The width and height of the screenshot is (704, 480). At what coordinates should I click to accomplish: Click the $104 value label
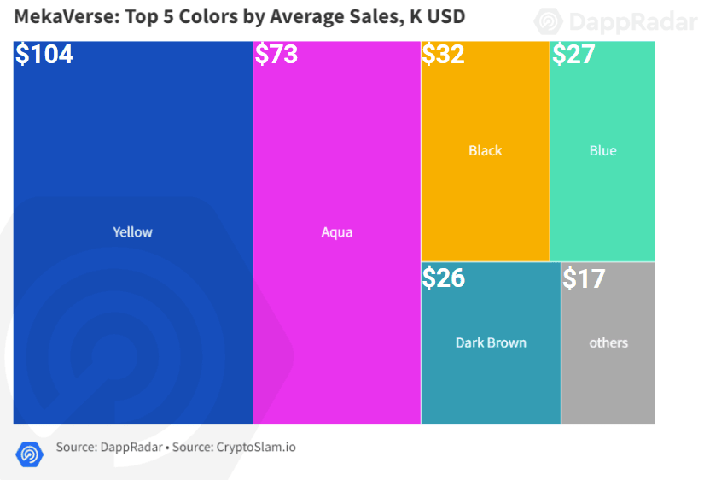coord(44,55)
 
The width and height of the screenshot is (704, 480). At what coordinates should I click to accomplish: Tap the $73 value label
coord(276,55)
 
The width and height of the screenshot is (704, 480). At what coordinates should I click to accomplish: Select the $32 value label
coord(443,55)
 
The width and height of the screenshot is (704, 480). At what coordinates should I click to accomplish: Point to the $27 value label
coord(573,55)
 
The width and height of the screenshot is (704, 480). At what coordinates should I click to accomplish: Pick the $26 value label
coord(444,278)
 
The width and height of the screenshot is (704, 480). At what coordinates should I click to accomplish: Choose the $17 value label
coord(585,278)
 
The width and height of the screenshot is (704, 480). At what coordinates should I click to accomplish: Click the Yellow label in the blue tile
coord(132,232)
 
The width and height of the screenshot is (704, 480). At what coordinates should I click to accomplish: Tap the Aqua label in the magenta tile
coord(337,232)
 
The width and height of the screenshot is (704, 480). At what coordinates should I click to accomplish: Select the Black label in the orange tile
coord(486,150)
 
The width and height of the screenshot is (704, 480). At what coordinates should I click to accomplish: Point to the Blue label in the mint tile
coord(603,150)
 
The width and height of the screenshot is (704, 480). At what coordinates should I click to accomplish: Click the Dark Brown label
coord(491,342)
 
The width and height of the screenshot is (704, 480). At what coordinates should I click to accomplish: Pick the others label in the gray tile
coord(608,342)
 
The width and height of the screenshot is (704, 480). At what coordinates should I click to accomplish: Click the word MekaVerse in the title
coord(67,16)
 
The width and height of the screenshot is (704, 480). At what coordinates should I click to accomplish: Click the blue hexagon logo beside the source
coord(30,454)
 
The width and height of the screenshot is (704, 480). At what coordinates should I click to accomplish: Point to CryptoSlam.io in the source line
coord(256,448)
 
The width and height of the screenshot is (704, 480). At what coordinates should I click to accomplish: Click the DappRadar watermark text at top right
coord(633,21)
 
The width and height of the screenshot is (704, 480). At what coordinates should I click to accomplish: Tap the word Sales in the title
coord(375,16)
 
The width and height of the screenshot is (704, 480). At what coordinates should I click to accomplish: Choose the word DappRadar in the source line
coord(131,448)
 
